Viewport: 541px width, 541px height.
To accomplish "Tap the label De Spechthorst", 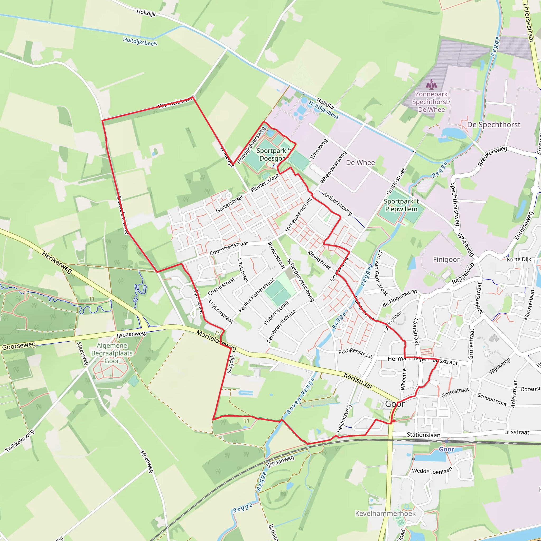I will pos(493,125).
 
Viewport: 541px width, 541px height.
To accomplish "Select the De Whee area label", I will pos(360,162).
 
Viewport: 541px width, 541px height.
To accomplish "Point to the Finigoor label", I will pos(446,260).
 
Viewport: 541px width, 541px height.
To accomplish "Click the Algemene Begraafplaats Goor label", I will pos(112,353).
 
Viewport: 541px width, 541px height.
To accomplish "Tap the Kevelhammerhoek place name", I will pos(385,513).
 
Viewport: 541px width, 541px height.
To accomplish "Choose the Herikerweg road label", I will pos(57,262).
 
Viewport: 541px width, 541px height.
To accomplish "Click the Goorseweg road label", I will pos(19,346).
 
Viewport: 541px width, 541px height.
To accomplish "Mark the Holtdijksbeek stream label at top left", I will pos(140,42).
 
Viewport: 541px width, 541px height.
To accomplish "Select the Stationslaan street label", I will pos(423,435).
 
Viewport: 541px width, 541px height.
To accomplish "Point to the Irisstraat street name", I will pos(517,432).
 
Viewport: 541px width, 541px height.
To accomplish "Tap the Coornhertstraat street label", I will pos(228,248).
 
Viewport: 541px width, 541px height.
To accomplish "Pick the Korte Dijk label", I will pos(519,259).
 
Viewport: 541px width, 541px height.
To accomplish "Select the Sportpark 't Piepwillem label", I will pos(401,205).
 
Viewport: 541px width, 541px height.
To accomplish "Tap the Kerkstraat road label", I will pos(358,381).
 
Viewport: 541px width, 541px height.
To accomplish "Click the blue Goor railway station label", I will pos(446,449).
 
